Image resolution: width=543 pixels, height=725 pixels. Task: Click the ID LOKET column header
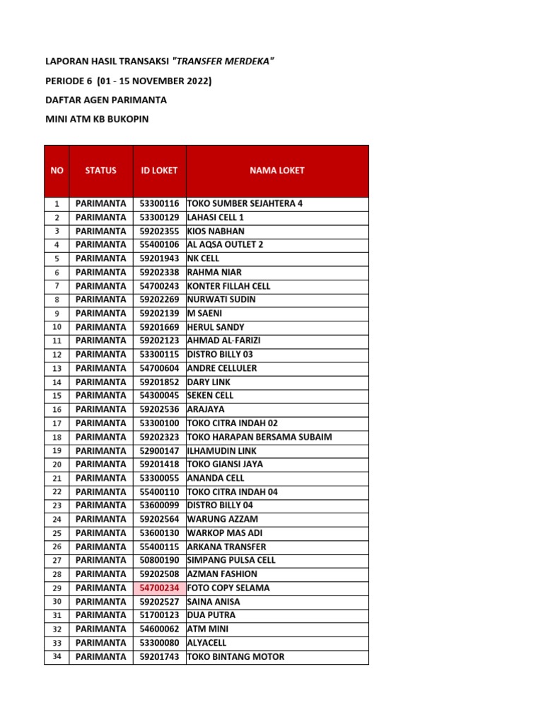coord(159,171)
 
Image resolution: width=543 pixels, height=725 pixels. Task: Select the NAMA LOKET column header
coord(276,171)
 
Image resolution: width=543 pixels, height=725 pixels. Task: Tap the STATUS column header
coord(100,171)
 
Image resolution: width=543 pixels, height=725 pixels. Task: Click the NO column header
coord(57,171)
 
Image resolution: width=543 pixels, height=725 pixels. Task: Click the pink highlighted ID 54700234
coord(159,588)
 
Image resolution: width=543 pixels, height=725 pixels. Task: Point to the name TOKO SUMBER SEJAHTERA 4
coord(245,204)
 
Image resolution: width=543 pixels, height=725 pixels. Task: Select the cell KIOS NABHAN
coord(216,232)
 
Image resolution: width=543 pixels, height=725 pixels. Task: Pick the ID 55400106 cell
coord(159,245)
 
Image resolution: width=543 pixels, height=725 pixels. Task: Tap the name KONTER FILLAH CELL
coord(228,286)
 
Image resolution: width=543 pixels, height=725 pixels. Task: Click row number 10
coord(57,327)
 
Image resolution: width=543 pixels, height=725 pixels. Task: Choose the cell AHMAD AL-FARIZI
coord(223,341)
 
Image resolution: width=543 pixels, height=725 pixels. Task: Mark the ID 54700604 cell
coord(159,368)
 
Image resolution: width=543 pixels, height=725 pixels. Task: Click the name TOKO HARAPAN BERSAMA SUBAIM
coord(259,437)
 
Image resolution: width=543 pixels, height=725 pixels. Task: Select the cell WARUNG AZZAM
coord(223,519)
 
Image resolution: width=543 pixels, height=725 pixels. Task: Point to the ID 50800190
coord(159,560)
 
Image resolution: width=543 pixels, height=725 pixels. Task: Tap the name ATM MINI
coord(208,629)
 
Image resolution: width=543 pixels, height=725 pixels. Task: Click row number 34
coord(57,656)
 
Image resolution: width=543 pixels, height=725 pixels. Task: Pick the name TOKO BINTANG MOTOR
coord(235,656)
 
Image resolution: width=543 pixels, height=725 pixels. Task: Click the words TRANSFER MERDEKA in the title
coord(223,62)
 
